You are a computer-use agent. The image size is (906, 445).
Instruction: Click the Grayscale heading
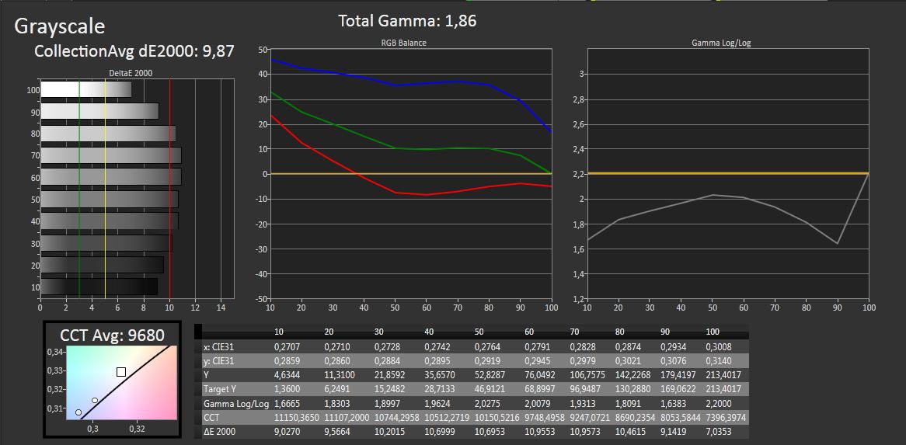pyautogui.click(x=60, y=26)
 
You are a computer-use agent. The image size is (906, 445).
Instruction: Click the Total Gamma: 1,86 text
pyautogui.click(x=407, y=21)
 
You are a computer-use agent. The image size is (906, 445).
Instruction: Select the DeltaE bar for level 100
pyautogui.click(x=85, y=90)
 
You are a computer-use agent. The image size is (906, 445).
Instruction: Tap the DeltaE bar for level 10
pyautogui.click(x=99, y=287)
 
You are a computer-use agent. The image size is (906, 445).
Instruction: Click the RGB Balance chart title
pyautogui.click(x=403, y=43)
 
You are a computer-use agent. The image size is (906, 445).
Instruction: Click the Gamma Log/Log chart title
pyautogui.click(x=720, y=43)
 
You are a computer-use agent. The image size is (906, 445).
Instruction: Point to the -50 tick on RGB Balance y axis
pyautogui.click(x=261, y=298)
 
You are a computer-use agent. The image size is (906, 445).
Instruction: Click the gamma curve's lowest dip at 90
pyautogui.click(x=838, y=244)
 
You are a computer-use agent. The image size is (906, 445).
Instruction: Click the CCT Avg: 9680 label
pyautogui.click(x=112, y=335)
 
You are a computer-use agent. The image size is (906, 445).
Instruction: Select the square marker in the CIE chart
pyautogui.click(x=121, y=372)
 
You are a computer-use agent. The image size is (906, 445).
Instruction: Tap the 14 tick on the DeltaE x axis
pyautogui.click(x=221, y=306)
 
